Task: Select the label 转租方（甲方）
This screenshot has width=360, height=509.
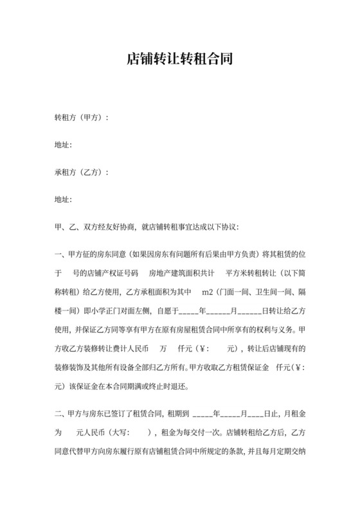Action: (78, 118)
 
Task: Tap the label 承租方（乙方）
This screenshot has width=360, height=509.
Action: (78, 172)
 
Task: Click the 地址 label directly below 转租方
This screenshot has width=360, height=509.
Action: (63, 145)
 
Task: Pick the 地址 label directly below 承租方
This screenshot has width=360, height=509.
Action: (63, 200)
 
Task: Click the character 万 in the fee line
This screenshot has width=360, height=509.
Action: (164, 350)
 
